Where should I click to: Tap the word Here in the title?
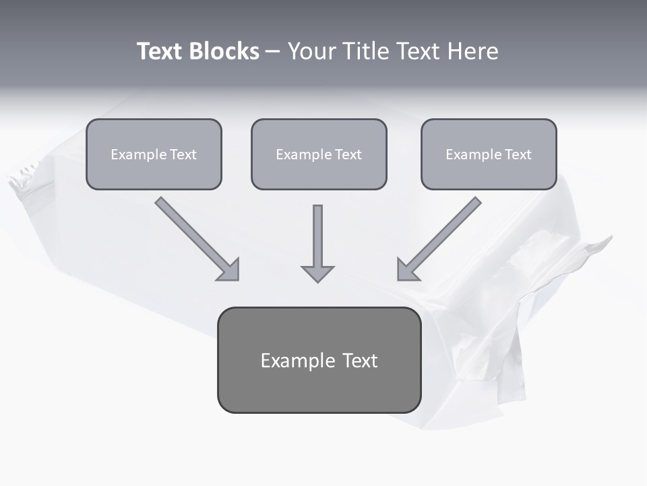point(472,51)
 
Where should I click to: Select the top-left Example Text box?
point(154,154)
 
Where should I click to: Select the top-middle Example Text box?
point(319,154)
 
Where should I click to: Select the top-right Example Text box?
point(489,154)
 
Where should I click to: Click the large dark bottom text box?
point(319,360)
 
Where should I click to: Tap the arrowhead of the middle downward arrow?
point(317,273)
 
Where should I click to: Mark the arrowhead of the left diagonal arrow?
point(229,271)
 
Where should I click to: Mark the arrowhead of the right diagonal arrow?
point(407,271)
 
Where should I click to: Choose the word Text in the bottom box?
point(360,360)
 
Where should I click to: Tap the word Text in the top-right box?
point(518,155)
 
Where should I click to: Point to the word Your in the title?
point(313,51)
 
